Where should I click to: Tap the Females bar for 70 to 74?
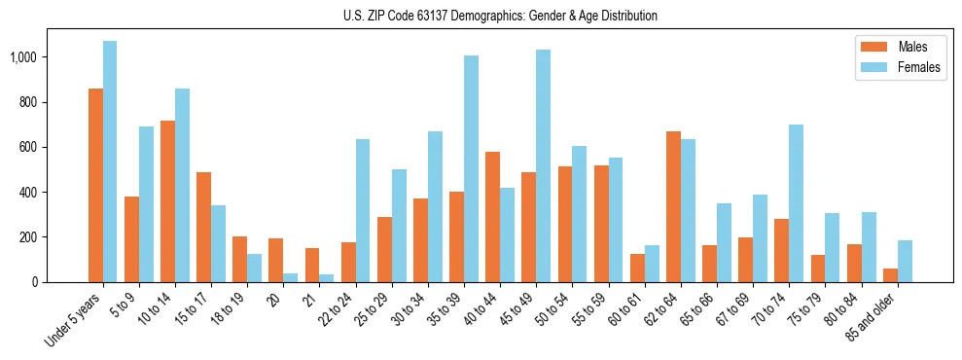pos(797,203)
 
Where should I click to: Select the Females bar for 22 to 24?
pos(363,210)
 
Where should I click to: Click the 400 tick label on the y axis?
pos(56,193)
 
